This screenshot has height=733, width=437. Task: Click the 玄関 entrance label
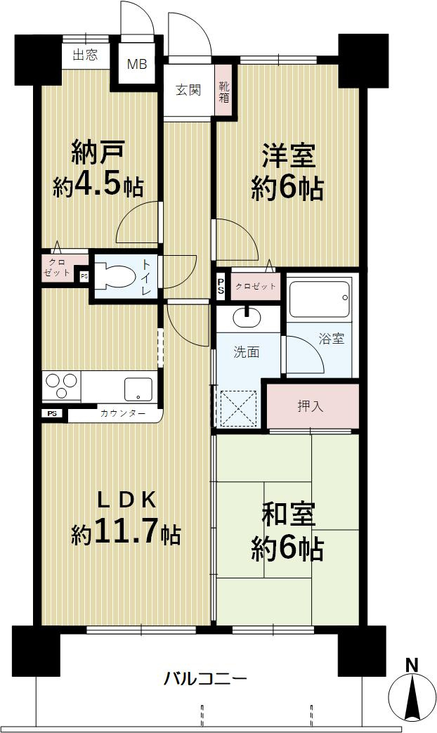click(188, 90)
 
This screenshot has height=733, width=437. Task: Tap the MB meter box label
click(136, 65)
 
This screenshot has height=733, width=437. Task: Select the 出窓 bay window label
click(85, 56)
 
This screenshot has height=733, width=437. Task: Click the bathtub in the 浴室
click(319, 299)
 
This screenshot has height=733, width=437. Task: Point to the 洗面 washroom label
click(247, 352)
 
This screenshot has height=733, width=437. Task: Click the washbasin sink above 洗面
click(247, 318)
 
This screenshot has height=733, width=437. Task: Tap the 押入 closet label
click(310, 406)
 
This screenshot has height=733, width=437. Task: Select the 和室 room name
click(287, 515)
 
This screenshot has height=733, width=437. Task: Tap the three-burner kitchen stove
click(62, 387)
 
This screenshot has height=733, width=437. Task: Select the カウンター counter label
click(123, 414)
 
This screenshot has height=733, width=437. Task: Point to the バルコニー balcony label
click(205, 679)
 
